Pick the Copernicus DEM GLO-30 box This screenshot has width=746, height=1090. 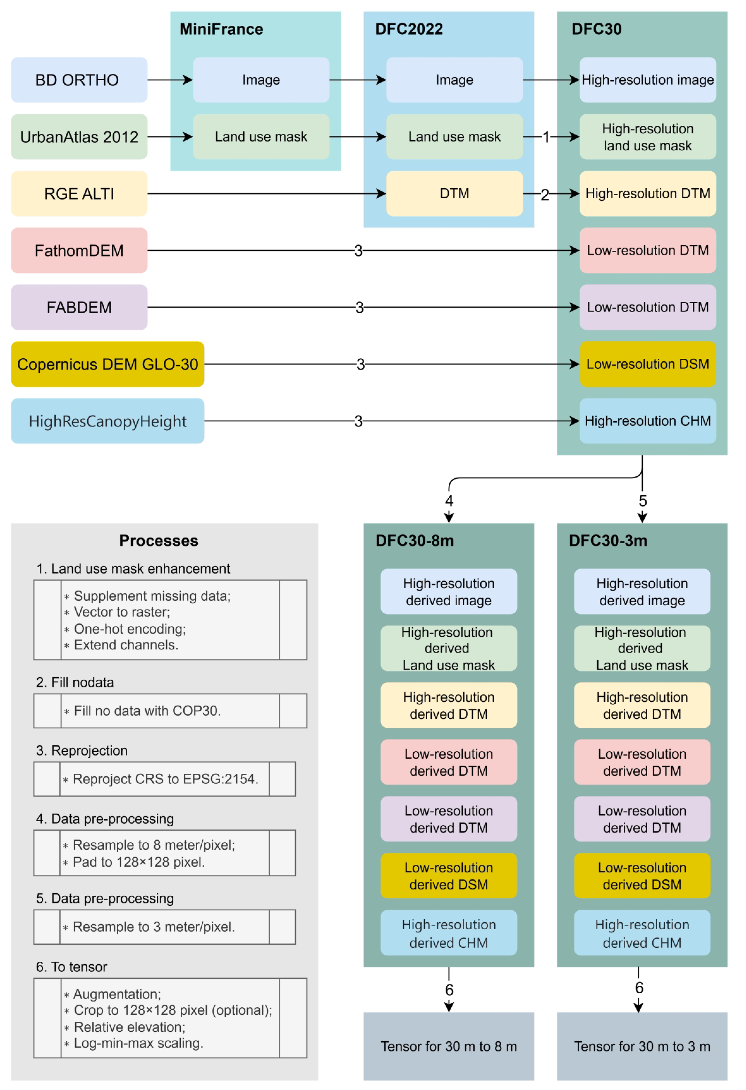(107, 364)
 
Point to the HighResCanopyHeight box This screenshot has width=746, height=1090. (107, 421)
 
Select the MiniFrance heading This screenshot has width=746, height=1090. (221, 29)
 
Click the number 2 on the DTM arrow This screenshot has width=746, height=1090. (544, 195)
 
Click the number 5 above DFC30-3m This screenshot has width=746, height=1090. (642, 501)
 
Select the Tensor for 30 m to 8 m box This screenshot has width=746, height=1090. (448, 1046)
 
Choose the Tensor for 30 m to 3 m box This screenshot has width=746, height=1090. (641, 1046)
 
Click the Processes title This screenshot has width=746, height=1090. (158, 540)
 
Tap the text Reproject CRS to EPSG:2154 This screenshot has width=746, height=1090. (165, 779)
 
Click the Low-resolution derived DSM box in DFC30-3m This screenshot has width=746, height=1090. (641, 876)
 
